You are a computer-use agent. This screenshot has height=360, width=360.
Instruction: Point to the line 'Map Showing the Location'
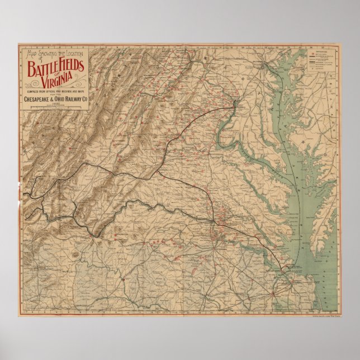[x=55, y=54]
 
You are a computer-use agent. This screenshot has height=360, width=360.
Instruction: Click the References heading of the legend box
[x=324, y=50]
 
